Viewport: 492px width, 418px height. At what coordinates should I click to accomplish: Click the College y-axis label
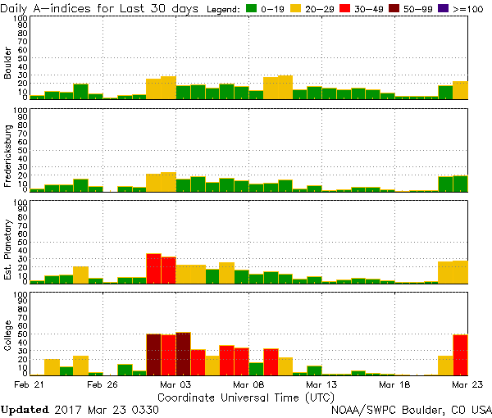(8, 336)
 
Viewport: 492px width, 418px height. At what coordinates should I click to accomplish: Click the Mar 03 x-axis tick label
(175, 384)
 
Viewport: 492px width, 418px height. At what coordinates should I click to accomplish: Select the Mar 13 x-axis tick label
(321, 384)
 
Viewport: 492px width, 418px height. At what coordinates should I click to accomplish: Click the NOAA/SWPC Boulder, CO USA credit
(410, 409)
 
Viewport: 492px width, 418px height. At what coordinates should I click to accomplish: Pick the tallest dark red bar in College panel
(183, 353)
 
